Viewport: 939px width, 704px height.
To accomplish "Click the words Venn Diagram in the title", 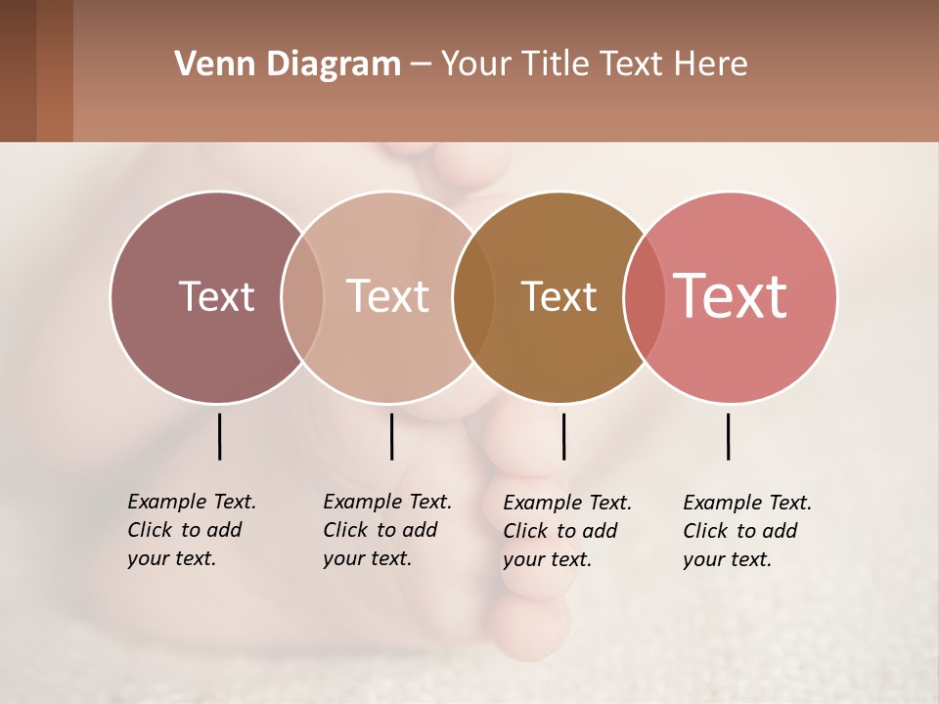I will click(x=288, y=65).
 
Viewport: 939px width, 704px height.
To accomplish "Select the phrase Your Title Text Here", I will click(x=594, y=65).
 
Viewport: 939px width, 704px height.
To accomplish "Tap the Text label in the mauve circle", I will click(x=216, y=296).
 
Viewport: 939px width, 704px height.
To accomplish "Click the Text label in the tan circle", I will click(x=388, y=296).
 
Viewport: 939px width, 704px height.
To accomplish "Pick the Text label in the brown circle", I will click(x=559, y=296).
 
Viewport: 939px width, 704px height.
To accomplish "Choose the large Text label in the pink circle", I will click(x=731, y=295).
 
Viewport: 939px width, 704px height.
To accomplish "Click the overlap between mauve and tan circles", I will click(x=302, y=296).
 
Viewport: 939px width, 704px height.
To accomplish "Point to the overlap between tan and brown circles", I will click(x=473, y=296).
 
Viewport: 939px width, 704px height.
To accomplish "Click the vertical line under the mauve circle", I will click(x=219, y=436).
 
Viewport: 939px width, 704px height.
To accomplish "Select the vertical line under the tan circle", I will click(x=391, y=436).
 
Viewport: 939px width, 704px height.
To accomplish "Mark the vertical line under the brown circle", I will click(x=563, y=436).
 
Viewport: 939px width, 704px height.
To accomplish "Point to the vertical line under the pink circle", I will click(x=728, y=436).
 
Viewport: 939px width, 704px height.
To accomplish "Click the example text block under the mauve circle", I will click(x=192, y=530).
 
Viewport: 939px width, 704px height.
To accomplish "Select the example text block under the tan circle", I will click(x=387, y=530).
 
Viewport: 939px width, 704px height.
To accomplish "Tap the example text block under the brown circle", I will click(x=567, y=531).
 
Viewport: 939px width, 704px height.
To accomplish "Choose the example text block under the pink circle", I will click(x=747, y=531).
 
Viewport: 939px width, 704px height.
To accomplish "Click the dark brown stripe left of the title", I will click(x=19, y=70).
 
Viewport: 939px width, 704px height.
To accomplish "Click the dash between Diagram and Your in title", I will click(x=421, y=66).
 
